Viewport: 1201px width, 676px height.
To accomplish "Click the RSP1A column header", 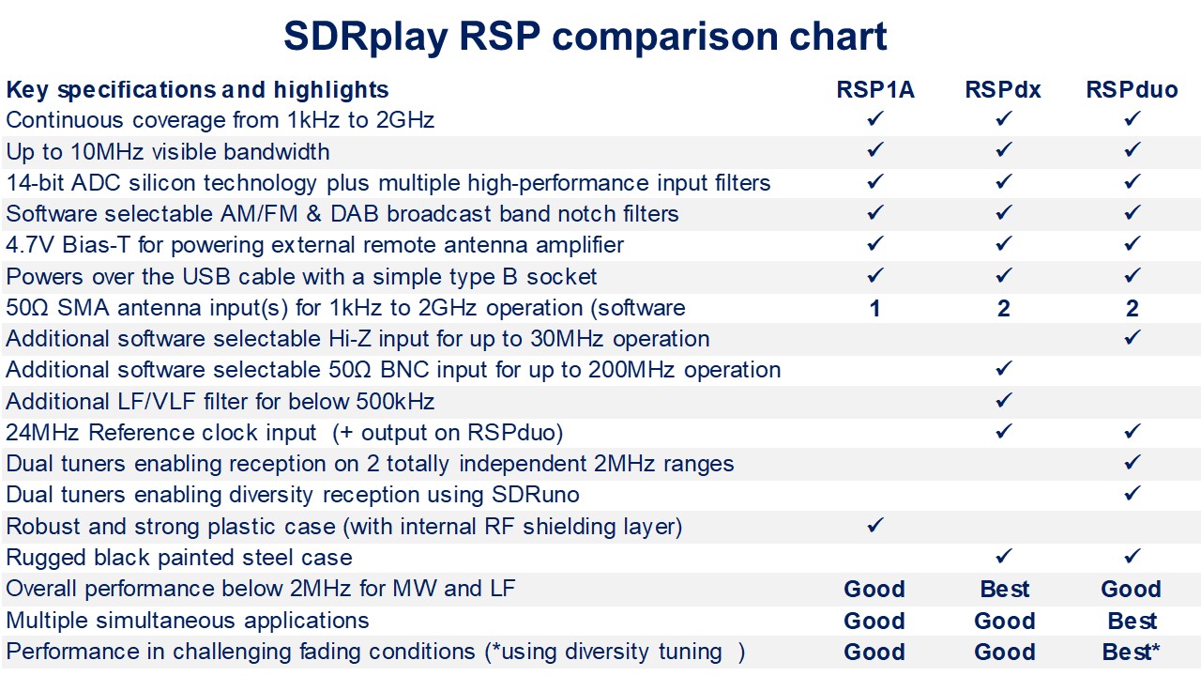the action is pos(875,89).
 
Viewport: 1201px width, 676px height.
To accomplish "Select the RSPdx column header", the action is pos(1003,89).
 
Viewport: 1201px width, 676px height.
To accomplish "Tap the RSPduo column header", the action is pos(1132,89).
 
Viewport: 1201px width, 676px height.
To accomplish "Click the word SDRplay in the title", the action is pos(366,38).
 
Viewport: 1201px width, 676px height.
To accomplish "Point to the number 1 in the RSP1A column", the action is pos(874,309).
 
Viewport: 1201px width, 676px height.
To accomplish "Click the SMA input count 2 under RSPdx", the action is pos(1004,309).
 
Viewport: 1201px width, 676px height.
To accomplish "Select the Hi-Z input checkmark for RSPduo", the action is pos(1133,337).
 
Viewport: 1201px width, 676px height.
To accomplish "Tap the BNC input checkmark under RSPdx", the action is pos(1004,369).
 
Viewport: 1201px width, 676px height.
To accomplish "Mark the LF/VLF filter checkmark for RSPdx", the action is pos(1004,400).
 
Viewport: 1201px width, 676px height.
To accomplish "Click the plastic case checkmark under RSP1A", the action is pos(875,525).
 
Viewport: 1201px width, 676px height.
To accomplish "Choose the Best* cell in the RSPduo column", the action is pos(1131,652).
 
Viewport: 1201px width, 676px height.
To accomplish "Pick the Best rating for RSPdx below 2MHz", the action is pos(1005,589).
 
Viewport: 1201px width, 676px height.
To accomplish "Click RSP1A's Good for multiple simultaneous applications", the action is pos(874,621).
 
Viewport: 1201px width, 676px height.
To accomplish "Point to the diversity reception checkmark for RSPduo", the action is pos(1133,494).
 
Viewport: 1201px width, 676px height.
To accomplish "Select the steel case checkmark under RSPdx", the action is pos(1004,557).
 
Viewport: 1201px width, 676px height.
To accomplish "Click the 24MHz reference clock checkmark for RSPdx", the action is pos(1004,431).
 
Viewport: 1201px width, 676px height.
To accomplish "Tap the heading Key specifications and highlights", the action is pos(197,89).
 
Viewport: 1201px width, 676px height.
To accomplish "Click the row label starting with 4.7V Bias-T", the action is pos(314,245).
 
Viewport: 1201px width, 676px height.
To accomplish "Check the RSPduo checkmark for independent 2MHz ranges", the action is pos(1133,463).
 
